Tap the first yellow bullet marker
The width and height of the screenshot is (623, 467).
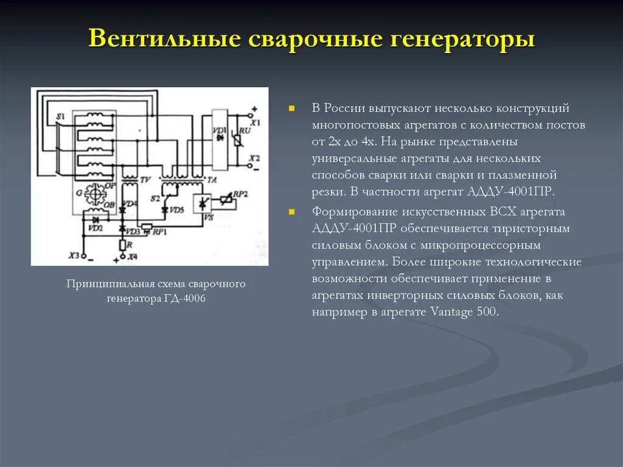(x=292, y=108)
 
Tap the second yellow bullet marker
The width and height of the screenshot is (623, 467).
(x=292, y=212)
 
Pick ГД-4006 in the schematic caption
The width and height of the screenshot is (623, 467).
(x=183, y=299)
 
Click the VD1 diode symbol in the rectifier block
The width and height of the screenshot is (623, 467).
(x=219, y=138)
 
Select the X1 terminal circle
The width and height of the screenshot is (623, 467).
(x=249, y=114)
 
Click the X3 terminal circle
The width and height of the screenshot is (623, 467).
(x=84, y=256)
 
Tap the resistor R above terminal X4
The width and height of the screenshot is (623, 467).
(x=122, y=245)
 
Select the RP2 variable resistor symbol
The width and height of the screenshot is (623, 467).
(x=227, y=199)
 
